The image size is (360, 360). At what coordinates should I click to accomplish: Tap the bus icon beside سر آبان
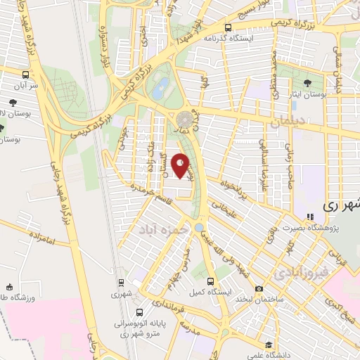tap(25, 75)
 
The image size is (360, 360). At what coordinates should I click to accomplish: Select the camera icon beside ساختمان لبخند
tap(259, 289)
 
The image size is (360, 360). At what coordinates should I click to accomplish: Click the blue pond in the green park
tap(162, 87)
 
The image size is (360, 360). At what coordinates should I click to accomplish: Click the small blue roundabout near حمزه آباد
tap(200, 226)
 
